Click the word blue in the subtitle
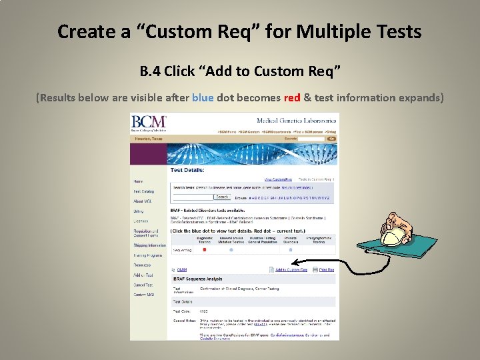tap(203, 97)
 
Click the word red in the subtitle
tap(292, 97)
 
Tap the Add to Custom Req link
tap(291, 270)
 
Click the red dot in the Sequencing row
tap(203, 250)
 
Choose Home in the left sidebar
tap(138, 181)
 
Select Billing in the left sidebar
tap(138, 211)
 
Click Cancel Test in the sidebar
tap(143, 285)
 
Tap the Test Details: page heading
tap(186, 170)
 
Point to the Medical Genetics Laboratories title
tap(297, 120)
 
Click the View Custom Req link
tap(277, 179)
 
